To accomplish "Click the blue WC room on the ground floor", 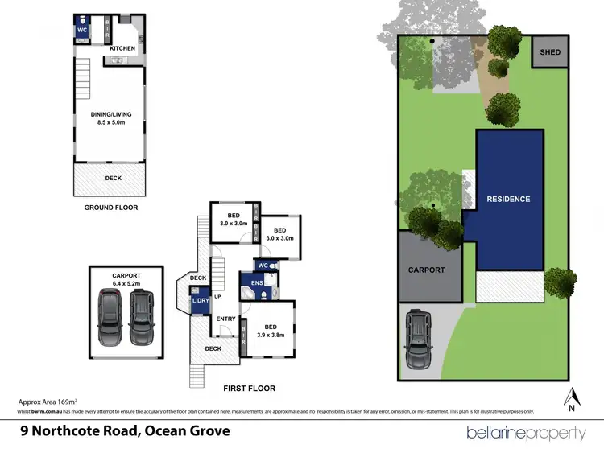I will click(82, 29).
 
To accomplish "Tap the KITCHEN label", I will click(122, 49).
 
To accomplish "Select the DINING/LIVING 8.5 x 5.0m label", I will click(110, 118).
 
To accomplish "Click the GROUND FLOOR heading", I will click(111, 208).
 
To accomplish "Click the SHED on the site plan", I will click(551, 53).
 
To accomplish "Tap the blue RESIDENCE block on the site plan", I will click(508, 199).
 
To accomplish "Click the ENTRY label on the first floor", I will click(225, 319).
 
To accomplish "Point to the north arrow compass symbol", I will click(573, 398).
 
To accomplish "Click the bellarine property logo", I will click(526, 433).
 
